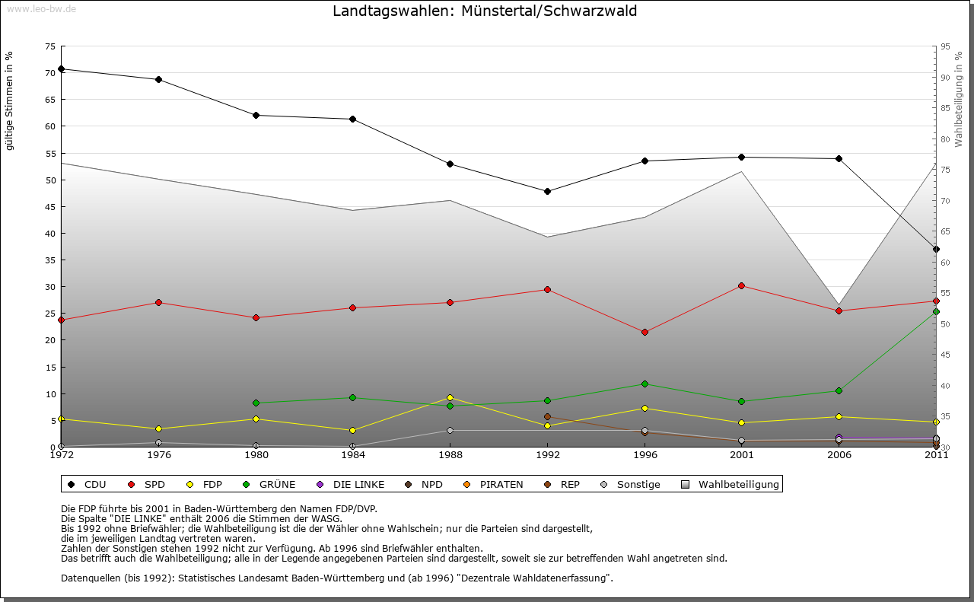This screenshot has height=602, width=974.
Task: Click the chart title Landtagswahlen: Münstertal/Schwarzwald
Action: point(485,11)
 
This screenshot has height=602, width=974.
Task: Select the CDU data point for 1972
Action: point(61,69)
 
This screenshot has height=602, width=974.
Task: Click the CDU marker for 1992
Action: point(547,191)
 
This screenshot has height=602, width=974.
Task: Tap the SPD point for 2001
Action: point(741,285)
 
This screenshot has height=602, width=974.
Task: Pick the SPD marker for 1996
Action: point(645,332)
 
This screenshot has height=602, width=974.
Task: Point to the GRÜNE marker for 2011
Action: point(936,311)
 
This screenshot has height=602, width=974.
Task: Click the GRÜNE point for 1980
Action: point(256,403)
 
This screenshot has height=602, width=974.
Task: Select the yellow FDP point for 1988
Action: point(450,397)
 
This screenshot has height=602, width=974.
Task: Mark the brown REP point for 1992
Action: point(547,416)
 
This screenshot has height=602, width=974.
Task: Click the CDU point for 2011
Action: point(936,249)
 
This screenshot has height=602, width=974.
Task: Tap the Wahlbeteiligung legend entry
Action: point(731,484)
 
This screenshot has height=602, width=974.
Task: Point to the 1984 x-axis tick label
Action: point(352,455)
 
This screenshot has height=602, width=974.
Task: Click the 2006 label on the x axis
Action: point(839,455)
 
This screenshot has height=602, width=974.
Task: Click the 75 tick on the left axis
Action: point(49,46)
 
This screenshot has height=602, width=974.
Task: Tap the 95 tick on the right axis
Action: point(945,46)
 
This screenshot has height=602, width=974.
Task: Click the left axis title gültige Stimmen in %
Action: point(10,100)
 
